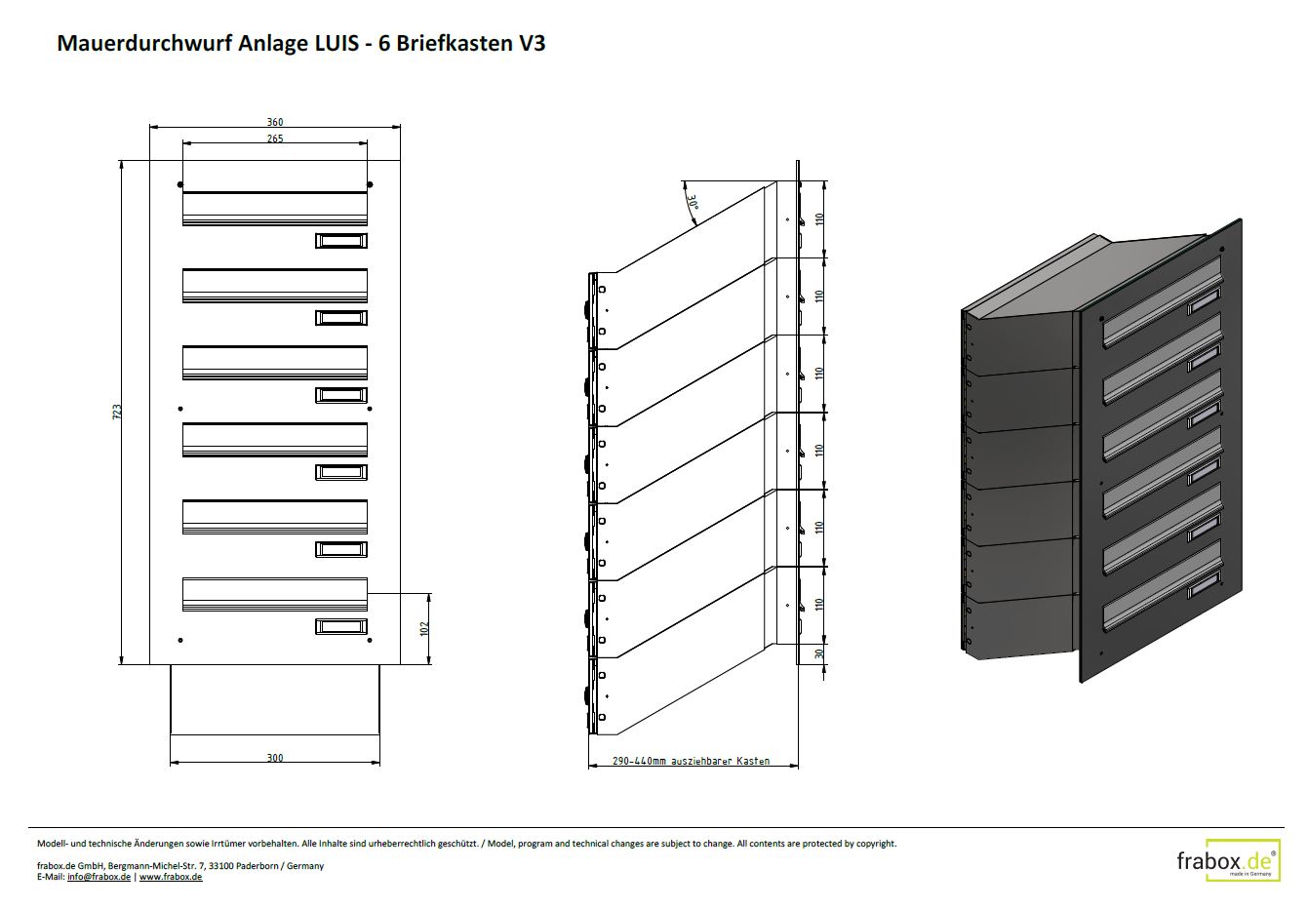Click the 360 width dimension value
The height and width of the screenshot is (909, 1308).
point(275,122)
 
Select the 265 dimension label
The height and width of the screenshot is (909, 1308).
point(275,138)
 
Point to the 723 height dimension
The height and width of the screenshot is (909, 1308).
point(117,412)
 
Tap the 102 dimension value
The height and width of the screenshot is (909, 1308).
point(424,628)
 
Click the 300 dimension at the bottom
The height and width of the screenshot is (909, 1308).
point(275,758)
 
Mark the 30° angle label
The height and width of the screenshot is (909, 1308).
point(693,204)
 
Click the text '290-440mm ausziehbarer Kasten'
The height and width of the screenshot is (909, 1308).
point(691,761)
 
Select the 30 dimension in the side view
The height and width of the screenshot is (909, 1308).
point(819,653)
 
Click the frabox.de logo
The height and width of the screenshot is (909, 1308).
point(1227,861)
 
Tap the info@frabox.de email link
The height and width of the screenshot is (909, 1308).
point(99,877)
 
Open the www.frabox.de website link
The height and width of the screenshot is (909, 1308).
point(171,877)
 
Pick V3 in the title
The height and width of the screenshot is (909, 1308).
point(532,44)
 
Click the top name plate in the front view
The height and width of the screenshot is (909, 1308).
point(341,241)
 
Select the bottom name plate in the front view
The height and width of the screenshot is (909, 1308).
point(341,626)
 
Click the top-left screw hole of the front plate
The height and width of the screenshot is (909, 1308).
point(179,184)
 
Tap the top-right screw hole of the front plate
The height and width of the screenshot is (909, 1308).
point(369,184)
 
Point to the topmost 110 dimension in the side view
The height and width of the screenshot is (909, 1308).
point(819,218)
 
